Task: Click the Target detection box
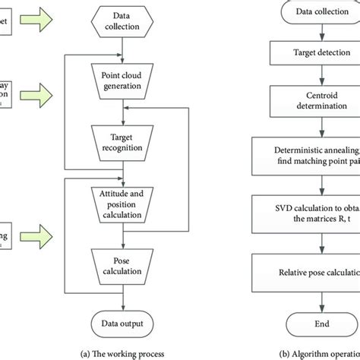pyautogui.click(x=307, y=54)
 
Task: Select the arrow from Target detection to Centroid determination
pyautogui.click(x=307, y=77)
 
